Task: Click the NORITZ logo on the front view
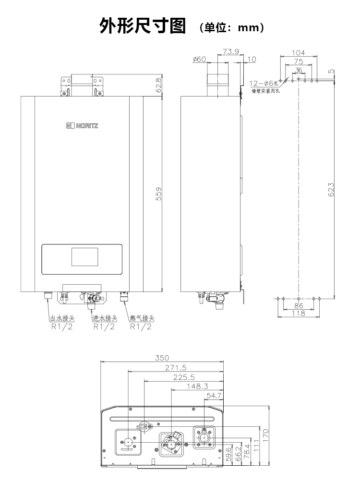click(x=82, y=126)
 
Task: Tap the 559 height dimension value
click(x=159, y=194)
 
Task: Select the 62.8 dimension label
click(x=159, y=85)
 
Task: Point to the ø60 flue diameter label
click(x=199, y=59)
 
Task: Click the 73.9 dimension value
click(x=231, y=51)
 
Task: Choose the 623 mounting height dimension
click(x=331, y=190)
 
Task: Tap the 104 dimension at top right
click(x=299, y=53)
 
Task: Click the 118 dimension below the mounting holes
click(x=299, y=313)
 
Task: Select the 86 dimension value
click(x=299, y=305)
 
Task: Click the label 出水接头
click(x=62, y=318)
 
